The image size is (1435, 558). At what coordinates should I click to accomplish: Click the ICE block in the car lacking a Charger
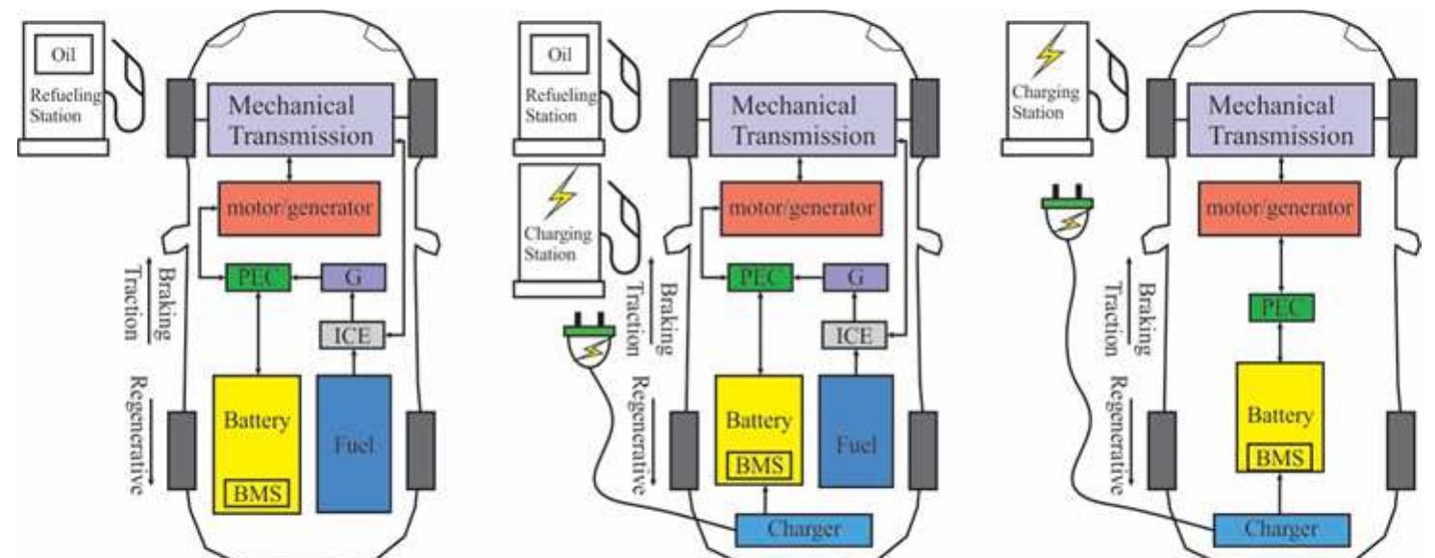[352, 334]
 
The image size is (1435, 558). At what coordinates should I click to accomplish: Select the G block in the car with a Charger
[854, 278]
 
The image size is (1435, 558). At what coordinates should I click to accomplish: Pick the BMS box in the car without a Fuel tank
[1274, 457]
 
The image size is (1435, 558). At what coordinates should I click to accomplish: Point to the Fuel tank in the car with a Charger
[855, 445]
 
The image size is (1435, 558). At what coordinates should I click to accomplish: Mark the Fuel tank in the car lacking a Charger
[354, 445]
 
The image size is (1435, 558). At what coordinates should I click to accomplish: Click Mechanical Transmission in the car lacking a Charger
[305, 120]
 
